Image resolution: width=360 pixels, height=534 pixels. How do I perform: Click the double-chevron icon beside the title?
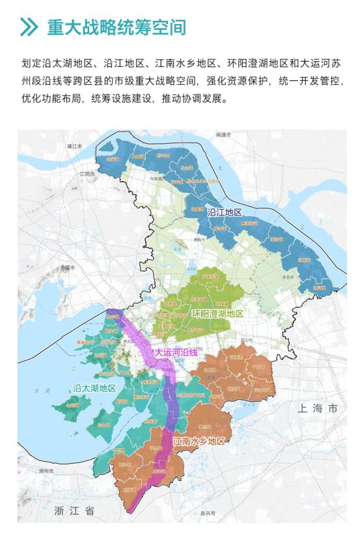point(29,27)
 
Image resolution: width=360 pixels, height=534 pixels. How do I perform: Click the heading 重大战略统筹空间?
point(117,27)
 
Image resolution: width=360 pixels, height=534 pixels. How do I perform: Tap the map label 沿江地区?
point(225,213)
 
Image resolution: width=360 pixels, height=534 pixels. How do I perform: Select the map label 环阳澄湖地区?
point(217,314)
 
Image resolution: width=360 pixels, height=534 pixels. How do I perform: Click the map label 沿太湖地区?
point(94,387)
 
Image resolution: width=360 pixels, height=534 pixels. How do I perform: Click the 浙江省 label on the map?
point(74,511)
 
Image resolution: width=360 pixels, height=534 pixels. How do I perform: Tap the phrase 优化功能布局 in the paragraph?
point(49,102)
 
